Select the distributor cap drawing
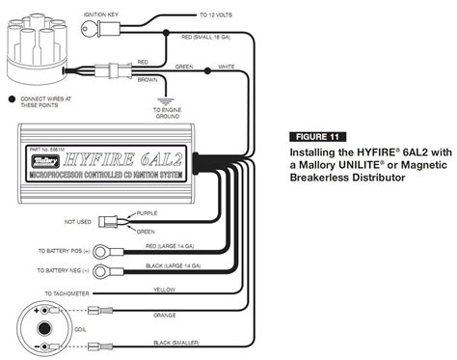(33, 54)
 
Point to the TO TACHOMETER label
(66, 292)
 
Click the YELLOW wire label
(165, 288)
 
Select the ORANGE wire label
(164, 315)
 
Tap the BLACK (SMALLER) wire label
(172, 343)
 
